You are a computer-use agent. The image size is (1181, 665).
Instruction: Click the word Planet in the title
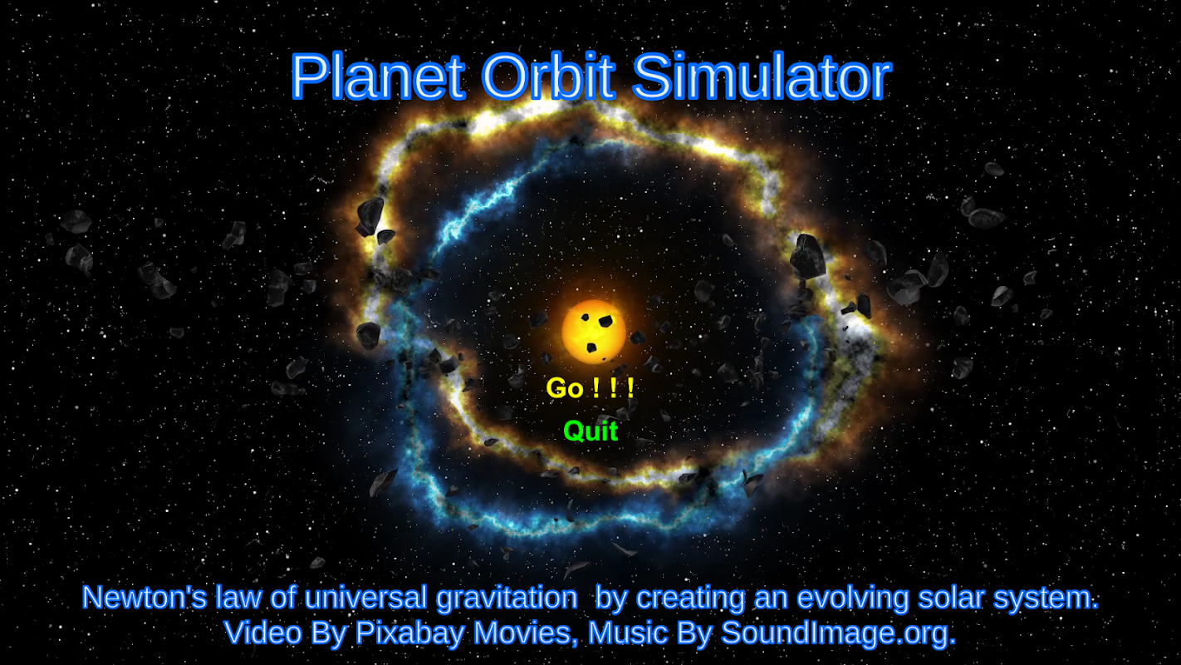(378, 76)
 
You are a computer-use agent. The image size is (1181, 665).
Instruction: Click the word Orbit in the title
(548, 76)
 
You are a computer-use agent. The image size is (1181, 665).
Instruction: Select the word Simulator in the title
(762, 76)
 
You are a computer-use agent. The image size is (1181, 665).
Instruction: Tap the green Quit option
(590, 431)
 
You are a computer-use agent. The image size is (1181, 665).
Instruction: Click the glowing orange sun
(594, 332)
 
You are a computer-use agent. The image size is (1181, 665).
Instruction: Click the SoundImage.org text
(838, 633)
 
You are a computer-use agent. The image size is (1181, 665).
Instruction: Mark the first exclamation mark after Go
(595, 388)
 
